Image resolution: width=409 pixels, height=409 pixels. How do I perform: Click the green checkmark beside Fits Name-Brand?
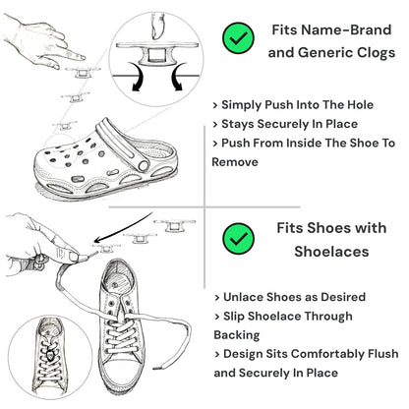click(236, 39)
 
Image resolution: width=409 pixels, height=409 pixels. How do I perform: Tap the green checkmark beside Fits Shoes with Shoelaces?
click(236, 238)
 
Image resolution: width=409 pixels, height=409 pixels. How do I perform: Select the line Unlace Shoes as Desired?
click(289, 297)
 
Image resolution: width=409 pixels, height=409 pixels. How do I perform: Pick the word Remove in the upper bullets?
click(237, 161)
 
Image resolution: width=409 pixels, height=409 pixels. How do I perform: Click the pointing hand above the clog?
click(34, 39)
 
